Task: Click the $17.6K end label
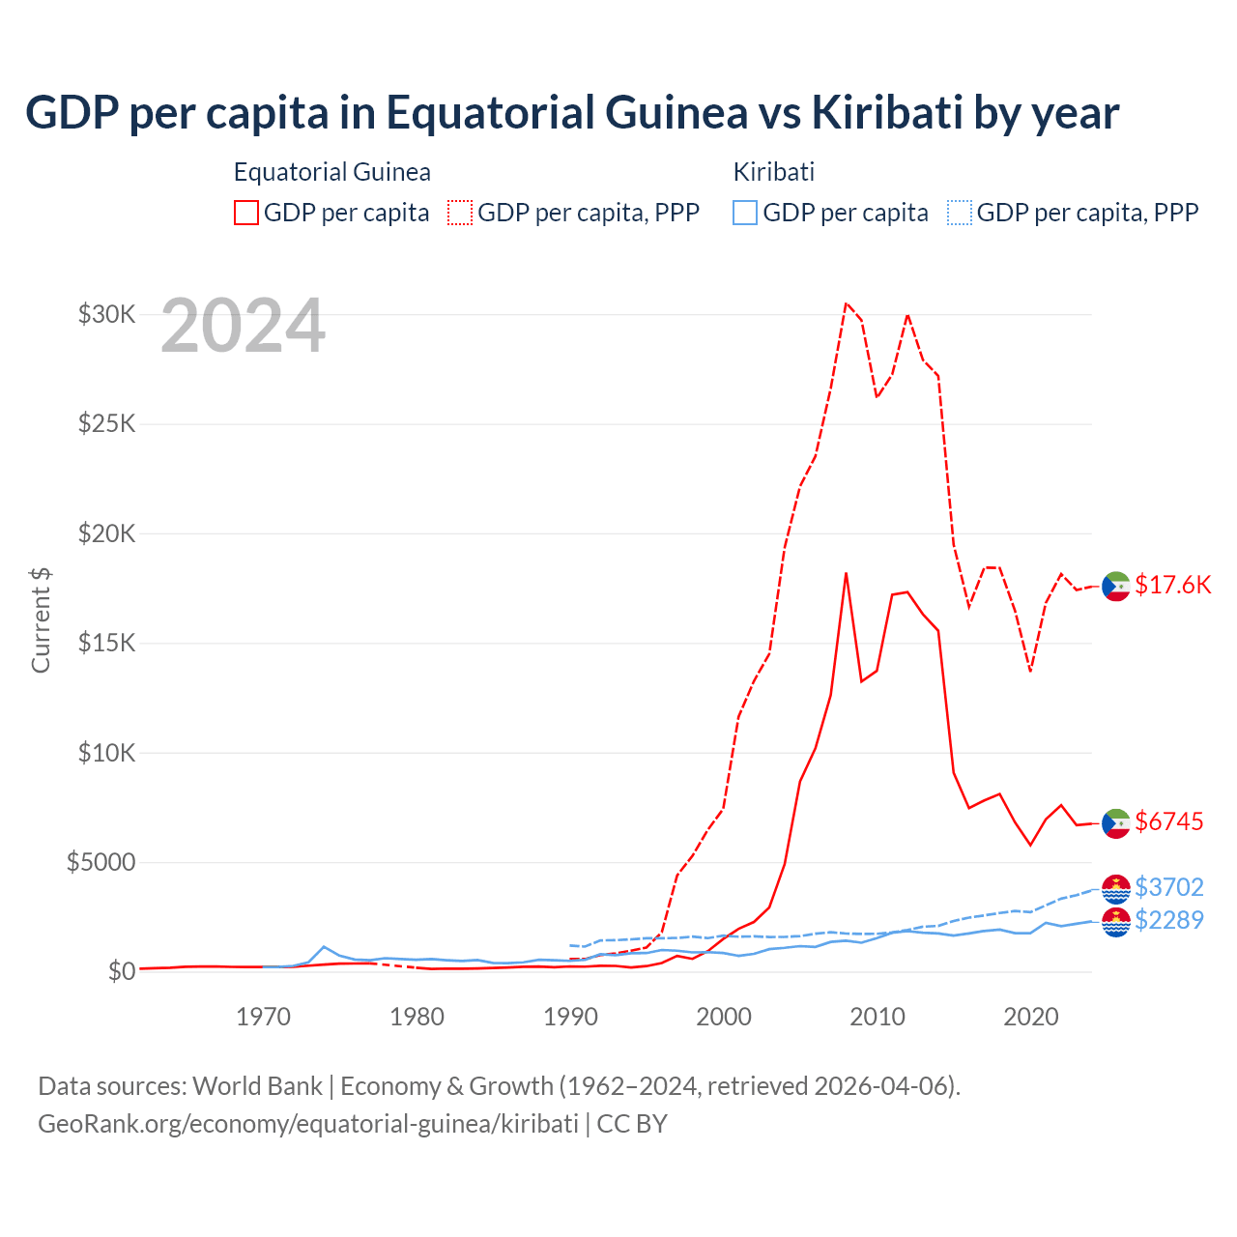(x=1172, y=585)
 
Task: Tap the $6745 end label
(x=1169, y=821)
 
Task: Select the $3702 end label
(x=1169, y=887)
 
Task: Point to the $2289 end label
(x=1169, y=920)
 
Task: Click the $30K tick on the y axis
(x=106, y=314)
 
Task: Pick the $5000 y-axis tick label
(x=101, y=862)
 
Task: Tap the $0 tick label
(x=121, y=971)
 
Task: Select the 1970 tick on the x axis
(x=264, y=1017)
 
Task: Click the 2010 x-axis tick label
(x=877, y=1017)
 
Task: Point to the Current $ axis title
(x=41, y=620)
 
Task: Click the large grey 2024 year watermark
(x=243, y=327)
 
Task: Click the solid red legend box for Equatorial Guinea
(x=246, y=213)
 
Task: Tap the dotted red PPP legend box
(x=460, y=213)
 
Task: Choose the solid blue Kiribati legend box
(x=745, y=213)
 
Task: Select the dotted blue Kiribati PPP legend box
(x=960, y=213)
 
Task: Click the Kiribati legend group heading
(x=774, y=172)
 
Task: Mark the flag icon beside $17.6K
(x=1116, y=586)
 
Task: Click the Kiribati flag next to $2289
(x=1116, y=922)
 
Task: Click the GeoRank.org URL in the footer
(x=308, y=1124)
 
